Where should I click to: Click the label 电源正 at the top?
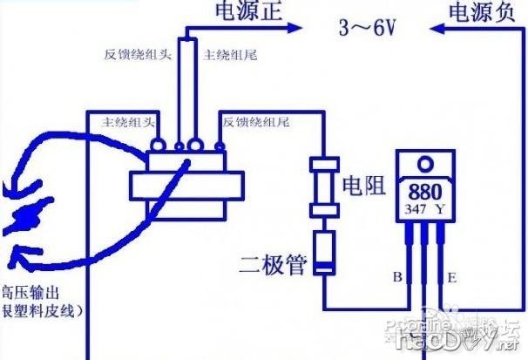(x=247, y=11)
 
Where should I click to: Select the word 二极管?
(x=274, y=262)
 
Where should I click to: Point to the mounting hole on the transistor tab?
(x=424, y=162)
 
